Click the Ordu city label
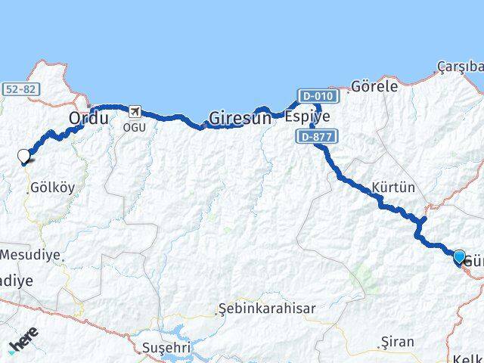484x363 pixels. [88, 118]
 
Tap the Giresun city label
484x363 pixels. [239, 118]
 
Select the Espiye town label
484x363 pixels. [307, 116]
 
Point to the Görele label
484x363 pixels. [374, 86]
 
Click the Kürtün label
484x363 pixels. [393, 188]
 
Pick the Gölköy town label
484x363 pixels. [52, 188]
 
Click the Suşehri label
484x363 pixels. [163, 347]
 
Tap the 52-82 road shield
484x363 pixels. [20, 89]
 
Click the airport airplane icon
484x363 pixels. [135, 113]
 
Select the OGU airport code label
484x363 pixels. [135, 126]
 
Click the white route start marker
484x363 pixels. [24, 156]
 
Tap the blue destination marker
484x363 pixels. [459, 257]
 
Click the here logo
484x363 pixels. [23, 345]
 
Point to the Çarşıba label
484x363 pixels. [460, 67]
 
